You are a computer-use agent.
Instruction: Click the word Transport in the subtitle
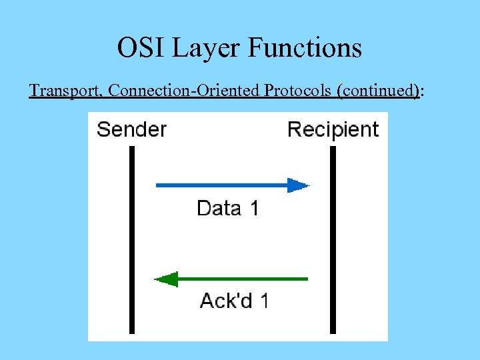point(65,90)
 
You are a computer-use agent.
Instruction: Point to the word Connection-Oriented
point(185,90)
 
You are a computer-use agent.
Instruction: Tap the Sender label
point(131,129)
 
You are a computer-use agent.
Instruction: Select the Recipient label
point(333,129)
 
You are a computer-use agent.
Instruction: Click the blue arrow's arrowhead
point(298,185)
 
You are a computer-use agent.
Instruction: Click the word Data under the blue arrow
point(219,209)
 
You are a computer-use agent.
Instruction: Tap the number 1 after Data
point(254,209)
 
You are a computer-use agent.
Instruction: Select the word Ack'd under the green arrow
point(226,301)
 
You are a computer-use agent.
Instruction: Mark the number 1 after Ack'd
point(265,301)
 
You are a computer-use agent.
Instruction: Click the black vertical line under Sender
point(132,240)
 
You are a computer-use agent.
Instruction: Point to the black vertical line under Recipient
point(333,240)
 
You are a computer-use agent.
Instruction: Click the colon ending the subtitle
point(422,91)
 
